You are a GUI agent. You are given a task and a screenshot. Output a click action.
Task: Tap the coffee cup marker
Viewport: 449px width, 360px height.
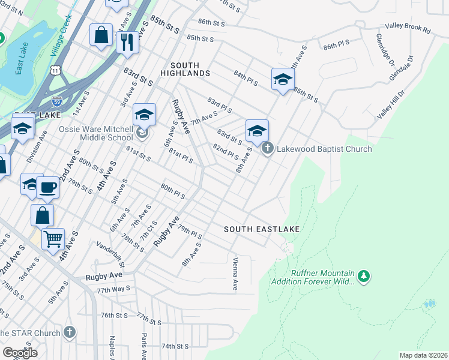click(48, 187)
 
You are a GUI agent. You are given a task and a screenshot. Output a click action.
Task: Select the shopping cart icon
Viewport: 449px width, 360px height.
click(53, 239)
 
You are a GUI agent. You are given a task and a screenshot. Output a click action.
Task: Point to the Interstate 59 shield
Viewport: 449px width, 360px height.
click(56, 101)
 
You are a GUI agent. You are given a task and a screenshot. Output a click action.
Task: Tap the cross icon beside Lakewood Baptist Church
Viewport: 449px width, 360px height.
click(267, 148)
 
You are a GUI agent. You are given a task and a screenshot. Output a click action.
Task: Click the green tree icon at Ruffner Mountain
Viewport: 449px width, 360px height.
click(363, 277)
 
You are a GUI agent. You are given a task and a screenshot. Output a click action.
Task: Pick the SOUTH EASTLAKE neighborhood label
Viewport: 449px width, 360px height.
click(262, 229)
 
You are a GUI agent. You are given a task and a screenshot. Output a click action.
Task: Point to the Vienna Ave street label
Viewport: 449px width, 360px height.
click(235, 275)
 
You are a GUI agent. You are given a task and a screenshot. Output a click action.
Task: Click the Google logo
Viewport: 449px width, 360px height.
click(20, 353)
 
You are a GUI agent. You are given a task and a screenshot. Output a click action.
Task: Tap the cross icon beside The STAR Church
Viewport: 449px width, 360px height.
click(70, 332)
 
